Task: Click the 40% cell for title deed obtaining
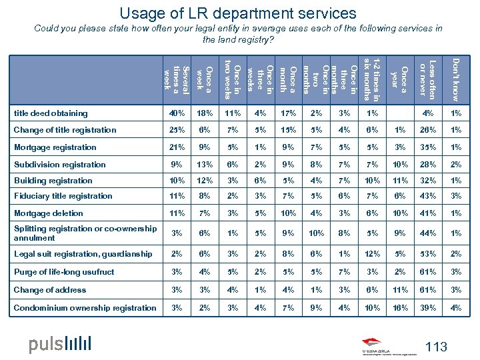tap(177, 113)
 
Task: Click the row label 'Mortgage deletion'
tap(49, 213)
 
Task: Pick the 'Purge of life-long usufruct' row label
tap(64, 272)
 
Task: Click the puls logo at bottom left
tap(59, 344)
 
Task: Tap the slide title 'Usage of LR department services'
tap(238, 13)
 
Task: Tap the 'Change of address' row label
tap(50, 290)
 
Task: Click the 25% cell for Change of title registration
tap(177, 130)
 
